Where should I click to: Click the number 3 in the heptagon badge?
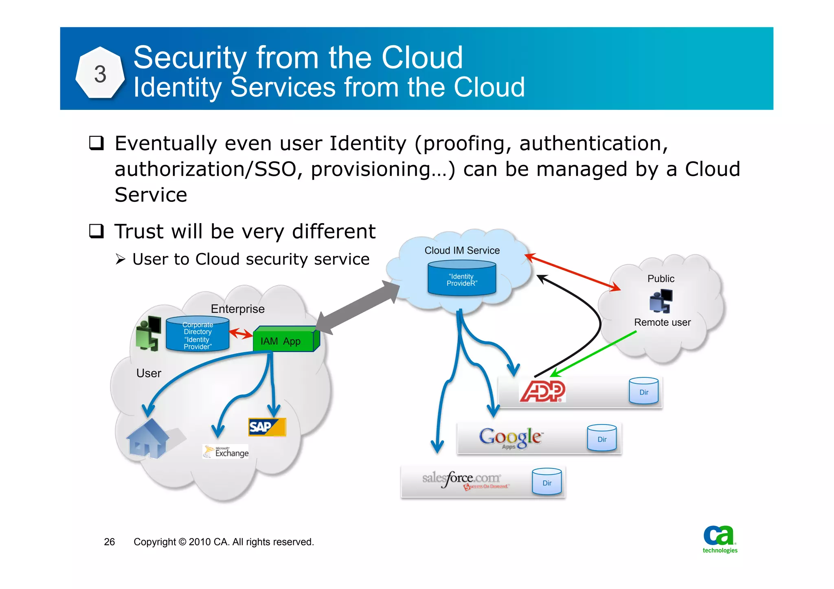100,74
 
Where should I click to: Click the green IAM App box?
284,340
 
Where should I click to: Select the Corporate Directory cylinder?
198,335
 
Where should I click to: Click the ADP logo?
542,391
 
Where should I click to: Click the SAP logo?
267,427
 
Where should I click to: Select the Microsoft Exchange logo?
226,451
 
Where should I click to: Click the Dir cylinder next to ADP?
643,391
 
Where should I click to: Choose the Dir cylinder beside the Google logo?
601,438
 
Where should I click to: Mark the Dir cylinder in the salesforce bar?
546,482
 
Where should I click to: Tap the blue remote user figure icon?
661,301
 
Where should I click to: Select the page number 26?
109,542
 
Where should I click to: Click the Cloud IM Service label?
462,250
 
